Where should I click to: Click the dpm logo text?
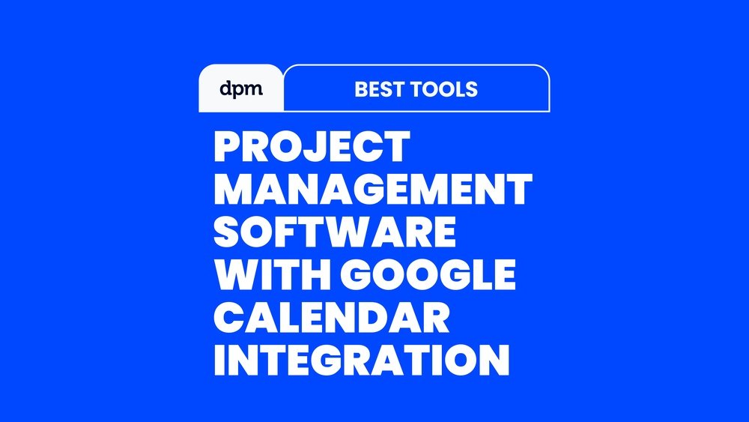(x=241, y=89)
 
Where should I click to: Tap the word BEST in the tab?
(x=379, y=89)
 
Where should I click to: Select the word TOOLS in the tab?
(x=444, y=89)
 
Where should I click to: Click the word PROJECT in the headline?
(x=312, y=147)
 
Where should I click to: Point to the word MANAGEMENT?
(x=373, y=189)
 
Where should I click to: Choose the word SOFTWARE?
(x=334, y=232)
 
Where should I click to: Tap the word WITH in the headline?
(x=273, y=274)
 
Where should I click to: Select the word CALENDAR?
(x=332, y=317)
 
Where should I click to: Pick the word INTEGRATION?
(x=362, y=360)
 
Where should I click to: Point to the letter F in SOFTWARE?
(x=294, y=232)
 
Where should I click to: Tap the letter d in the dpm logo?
(x=225, y=88)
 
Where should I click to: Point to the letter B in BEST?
(x=361, y=89)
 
